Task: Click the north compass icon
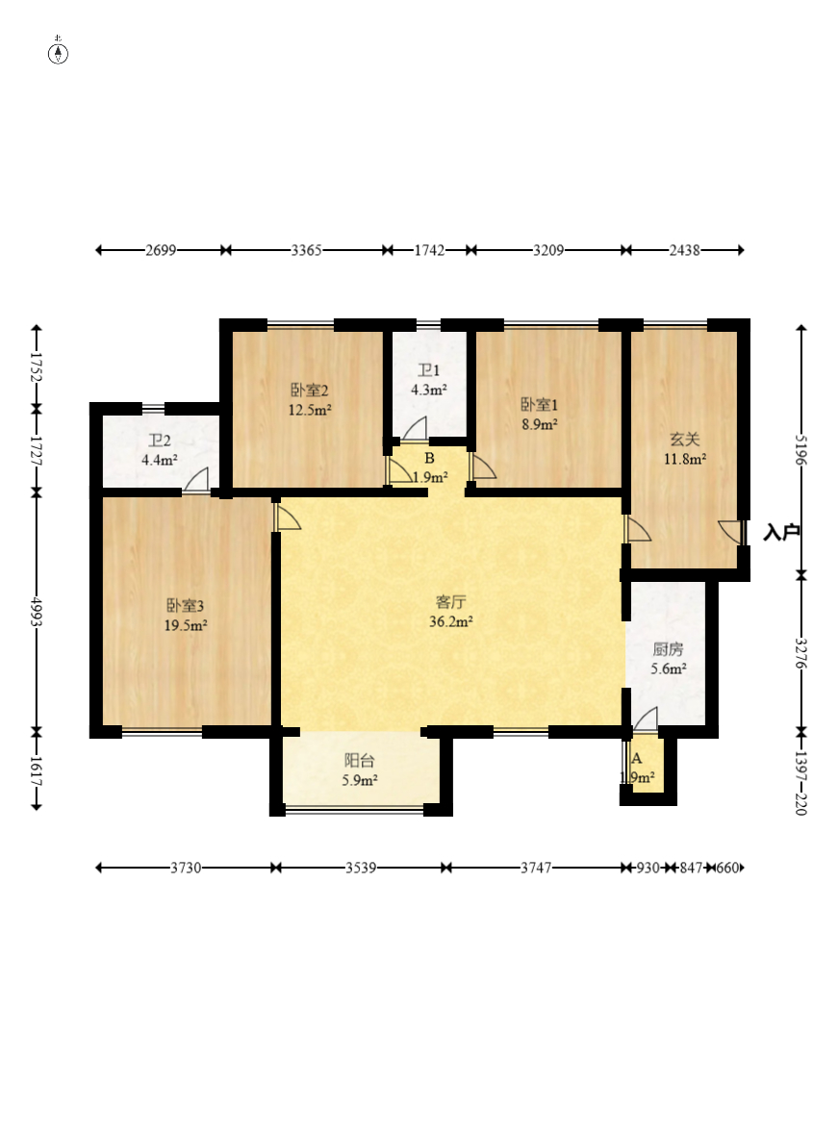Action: point(58,53)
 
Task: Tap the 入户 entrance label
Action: point(781,532)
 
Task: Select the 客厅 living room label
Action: point(450,601)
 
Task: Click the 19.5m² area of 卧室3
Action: point(186,625)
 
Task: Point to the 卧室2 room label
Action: point(310,391)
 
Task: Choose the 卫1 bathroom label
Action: point(428,370)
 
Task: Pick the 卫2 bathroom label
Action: point(160,441)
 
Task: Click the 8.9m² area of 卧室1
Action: point(540,425)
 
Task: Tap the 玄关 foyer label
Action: point(684,439)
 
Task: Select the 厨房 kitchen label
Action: point(668,649)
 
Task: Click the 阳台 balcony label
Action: point(359,761)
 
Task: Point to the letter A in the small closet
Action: point(637,759)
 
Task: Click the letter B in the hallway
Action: point(429,458)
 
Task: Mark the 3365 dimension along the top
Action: point(306,250)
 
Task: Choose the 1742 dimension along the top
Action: point(429,250)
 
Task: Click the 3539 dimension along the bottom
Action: point(360,868)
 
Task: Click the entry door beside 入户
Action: point(731,532)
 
